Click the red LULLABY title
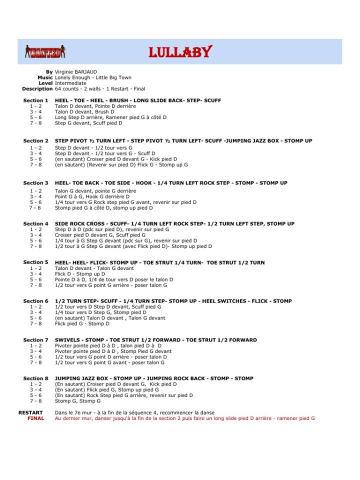[180, 52]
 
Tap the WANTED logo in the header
[45, 51]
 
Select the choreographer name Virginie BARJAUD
[76, 72]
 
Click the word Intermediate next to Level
[70, 83]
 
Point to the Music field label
[45, 77]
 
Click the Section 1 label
[36, 100]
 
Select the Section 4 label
[36, 223]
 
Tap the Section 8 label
[36, 378]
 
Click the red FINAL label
[36, 418]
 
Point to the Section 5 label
[36, 262]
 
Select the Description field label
[37, 88]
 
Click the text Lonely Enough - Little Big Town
[92, 77]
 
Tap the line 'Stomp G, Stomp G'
[77, 400]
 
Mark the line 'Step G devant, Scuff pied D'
[88, 122]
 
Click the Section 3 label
[36, 183]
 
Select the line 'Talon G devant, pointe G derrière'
[95, 191]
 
